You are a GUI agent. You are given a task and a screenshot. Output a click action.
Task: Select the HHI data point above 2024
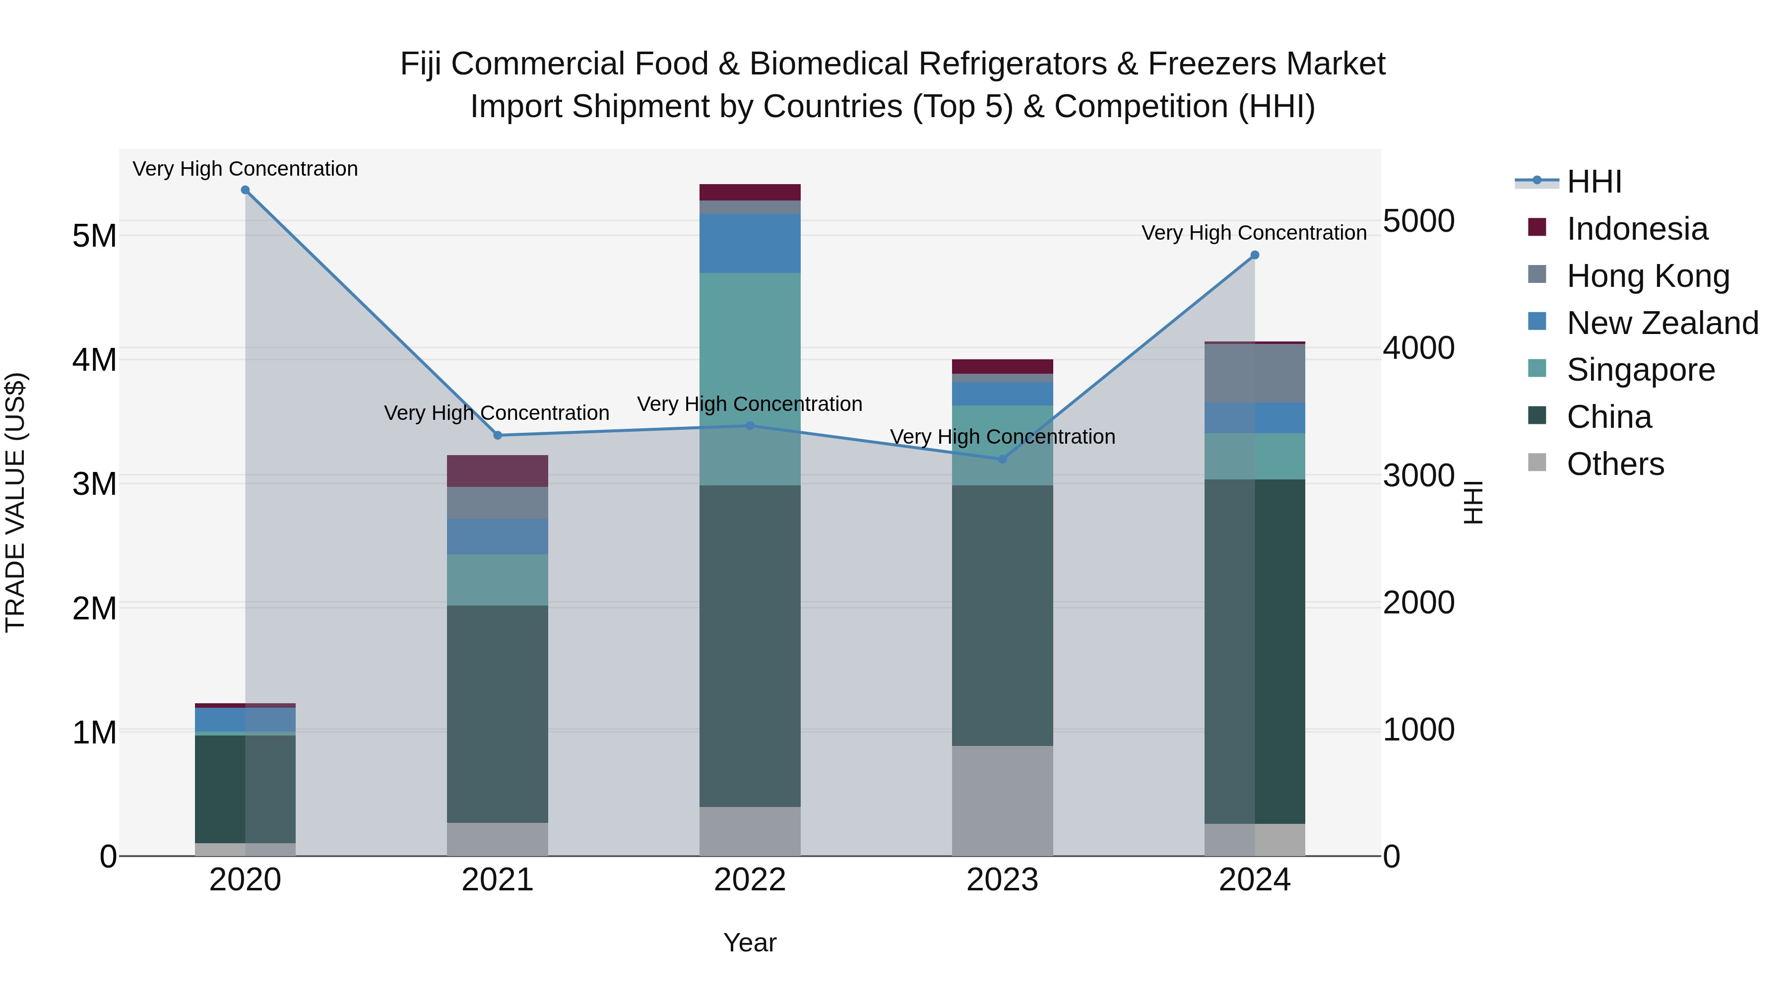pos(1254,255)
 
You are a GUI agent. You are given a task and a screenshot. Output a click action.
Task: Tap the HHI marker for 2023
pos(1002,459)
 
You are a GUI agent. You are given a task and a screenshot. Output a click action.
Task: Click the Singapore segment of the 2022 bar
pos(750,379)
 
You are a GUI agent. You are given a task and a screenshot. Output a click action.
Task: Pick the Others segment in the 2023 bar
pos(1002,801)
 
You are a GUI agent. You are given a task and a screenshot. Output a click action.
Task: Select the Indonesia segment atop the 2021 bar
pos(497,471)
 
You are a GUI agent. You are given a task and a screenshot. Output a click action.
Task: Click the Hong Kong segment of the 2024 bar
pos(1254,373)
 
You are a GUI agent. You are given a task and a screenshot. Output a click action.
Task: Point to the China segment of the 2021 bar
pos(497,714)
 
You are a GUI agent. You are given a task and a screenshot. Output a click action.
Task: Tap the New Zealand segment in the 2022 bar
pos(750,244)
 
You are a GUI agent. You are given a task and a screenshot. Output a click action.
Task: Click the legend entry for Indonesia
pos(1637,229)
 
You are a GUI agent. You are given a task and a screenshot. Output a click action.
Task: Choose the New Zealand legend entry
pos(1662,323)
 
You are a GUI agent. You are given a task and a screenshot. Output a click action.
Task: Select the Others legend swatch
pos(1537,463)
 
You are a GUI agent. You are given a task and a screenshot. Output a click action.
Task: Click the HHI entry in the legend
pos(1594,182)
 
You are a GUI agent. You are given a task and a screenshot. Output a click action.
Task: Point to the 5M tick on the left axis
pos(95,236)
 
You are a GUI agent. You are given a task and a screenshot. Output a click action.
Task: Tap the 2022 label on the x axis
pos(750,880)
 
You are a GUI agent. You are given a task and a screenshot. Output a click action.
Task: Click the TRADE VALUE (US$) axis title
pos(15,502)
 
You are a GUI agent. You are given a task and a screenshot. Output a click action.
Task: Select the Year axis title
pos(750,942)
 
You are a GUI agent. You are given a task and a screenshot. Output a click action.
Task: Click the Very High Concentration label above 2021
pos(497,413)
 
